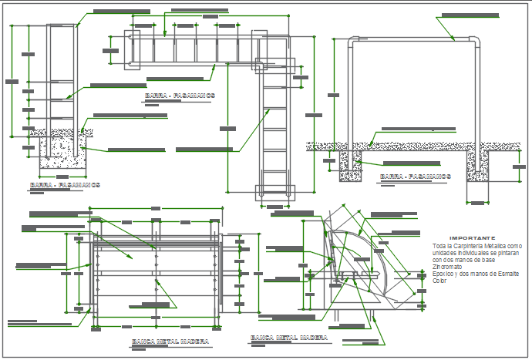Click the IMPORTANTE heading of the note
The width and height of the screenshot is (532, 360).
click(472, 238)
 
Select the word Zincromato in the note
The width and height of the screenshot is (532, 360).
click(447, 267)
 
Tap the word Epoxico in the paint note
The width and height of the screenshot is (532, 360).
click(443, 274)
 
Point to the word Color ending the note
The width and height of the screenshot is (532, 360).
click(439, 281)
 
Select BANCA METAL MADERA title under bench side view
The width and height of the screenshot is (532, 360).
click(289, 338)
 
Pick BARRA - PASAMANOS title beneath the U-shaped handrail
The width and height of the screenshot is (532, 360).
click(416, 177)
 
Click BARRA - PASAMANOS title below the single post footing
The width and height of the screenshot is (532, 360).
click(65, 185)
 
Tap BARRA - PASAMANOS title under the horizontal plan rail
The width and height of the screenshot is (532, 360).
click(180, 96)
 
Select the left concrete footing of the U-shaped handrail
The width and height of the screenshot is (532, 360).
click(350, 164)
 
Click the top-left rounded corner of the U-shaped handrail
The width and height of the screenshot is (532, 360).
click(352, 42)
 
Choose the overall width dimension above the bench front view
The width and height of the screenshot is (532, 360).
click(156, 208)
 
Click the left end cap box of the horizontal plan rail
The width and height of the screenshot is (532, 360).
click(130, 38)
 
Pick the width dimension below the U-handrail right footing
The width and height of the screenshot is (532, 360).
click(478, 203)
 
